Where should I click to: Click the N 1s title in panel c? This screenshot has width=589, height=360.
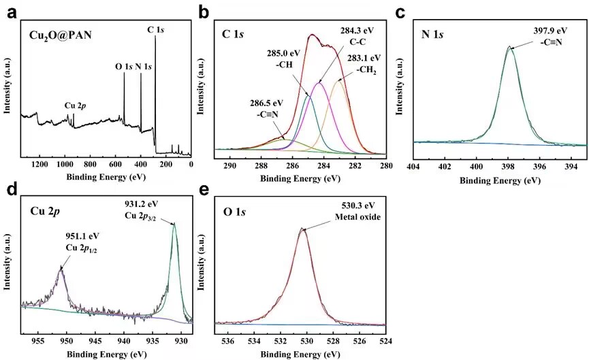[x=436, y=34]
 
